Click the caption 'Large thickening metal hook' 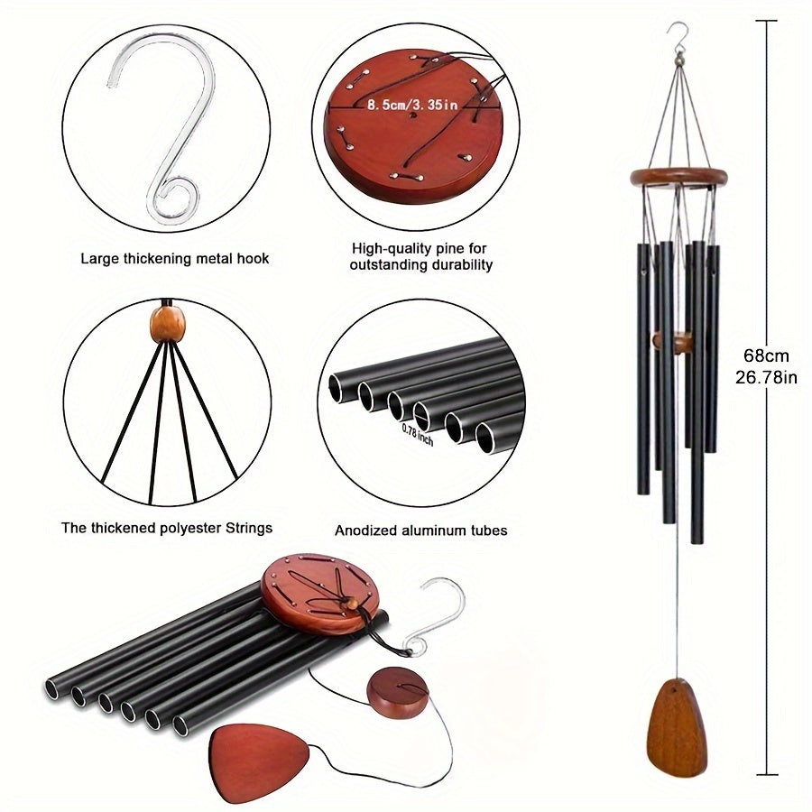pyautogui.click(x=175, y=259)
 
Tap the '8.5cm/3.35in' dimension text pyautogui.click(x=412, y=105)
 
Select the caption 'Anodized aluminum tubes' pyautogui.click(x=420, y=531)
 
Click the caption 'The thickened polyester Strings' pyautogui.click(x=167, y=528)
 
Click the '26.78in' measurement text pyautogui.click(x=766, y=378)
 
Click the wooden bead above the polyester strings pyautogui.click(x=165, y=324)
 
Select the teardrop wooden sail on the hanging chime pyautogui.click(x=677, y=722)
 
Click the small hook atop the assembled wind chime pyautogui.click(x=672, y=35)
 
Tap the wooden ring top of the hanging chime pyautogui.click(x=678, y=176)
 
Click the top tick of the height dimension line pyautogui.click(x=768, y=19)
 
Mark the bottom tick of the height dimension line pyautogui.click(x=768, y=774)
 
